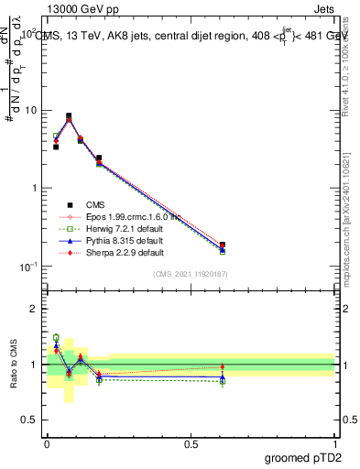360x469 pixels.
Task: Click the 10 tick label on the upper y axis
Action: click(31, 111)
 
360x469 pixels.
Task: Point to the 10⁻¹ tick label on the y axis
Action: click(29, 267)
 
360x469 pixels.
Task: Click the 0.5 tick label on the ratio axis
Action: click(30, 420)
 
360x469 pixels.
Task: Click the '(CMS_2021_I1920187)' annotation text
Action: click(191, 274)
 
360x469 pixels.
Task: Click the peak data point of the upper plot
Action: click(69, 116)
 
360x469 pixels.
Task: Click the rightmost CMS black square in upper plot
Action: click(223, 245)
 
